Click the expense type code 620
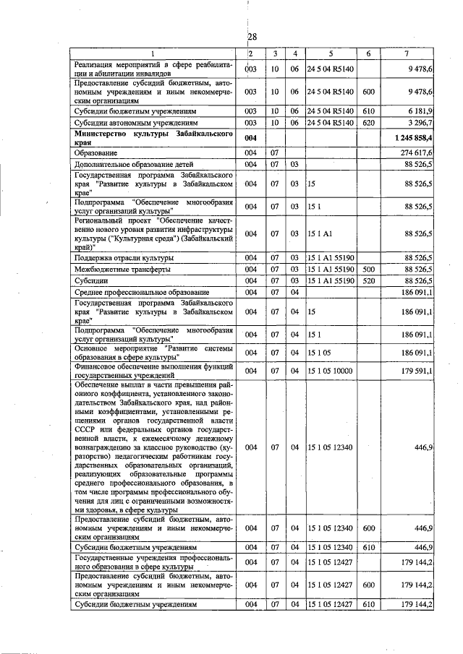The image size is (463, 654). point(368,123)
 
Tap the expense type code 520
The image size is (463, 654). point(368,280)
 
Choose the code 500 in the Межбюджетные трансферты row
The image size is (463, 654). point(368,269)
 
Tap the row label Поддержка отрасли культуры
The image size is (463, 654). point(119,257)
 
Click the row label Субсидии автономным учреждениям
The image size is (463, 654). point(129,123)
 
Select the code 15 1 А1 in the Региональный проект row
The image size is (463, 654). point(319,233)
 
